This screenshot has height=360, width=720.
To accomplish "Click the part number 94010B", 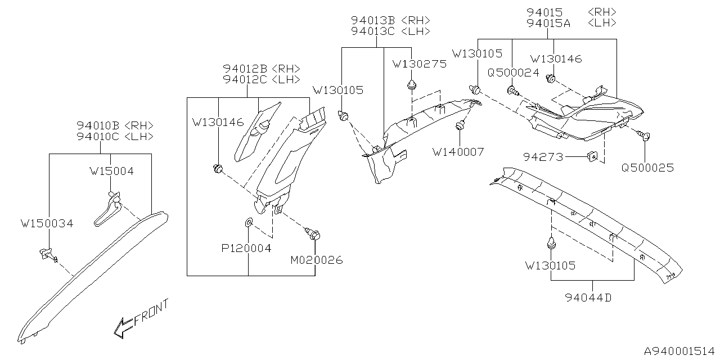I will click(100, 125).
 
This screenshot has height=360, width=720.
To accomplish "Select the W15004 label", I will click(111, 171).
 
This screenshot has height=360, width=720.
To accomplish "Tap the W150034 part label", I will click(47, 224).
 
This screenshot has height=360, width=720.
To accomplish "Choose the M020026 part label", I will click(316, 260).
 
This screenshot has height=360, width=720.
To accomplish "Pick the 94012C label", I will click(245, 80).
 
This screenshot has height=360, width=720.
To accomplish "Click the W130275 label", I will click(420, 64).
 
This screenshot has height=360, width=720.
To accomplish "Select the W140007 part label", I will click(458, 151).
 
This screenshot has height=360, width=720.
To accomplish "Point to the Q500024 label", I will click(513, 73).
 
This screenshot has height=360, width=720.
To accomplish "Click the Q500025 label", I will click(647, 168).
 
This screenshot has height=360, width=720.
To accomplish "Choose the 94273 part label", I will click(544, 157).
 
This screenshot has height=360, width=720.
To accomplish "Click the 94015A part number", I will click(548, 23).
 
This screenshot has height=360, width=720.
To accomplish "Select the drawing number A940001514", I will click(678, 349).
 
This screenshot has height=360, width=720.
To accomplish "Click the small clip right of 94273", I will click(592, 156).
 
